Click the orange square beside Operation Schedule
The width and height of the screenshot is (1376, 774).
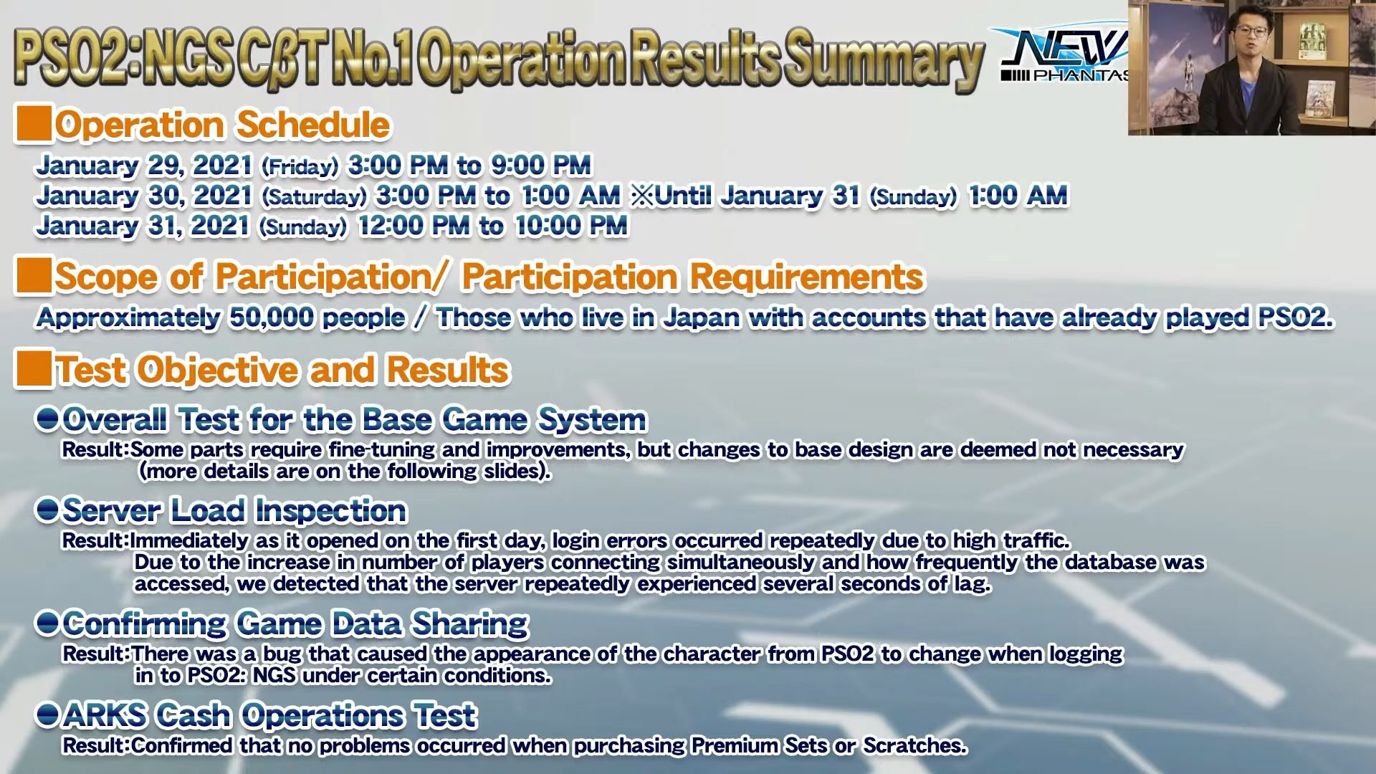click(x=33, y=123)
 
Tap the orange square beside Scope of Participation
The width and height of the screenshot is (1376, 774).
click(x=33, y=276)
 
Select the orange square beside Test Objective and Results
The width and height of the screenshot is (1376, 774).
click(x=33, y=368)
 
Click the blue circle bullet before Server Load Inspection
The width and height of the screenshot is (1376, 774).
click(x=47, y=510)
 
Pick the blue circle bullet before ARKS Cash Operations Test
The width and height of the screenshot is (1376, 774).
click(x=47, y=715)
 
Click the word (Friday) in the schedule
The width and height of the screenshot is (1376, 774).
click(x=300, y=167)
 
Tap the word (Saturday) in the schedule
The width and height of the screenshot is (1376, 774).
click(x=314, y=197)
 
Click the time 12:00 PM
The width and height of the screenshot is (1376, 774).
click(x=414, y=226)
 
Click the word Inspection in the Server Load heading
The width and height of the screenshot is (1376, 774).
click(x=331, y=510)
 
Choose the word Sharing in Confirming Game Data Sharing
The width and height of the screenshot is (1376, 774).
click(x=470, y=624)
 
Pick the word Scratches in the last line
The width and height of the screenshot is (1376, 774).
click(x=914, y=745)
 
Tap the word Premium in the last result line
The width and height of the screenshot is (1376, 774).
click(x=735, y=745)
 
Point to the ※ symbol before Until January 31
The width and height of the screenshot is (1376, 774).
click(x=642, y=196)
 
